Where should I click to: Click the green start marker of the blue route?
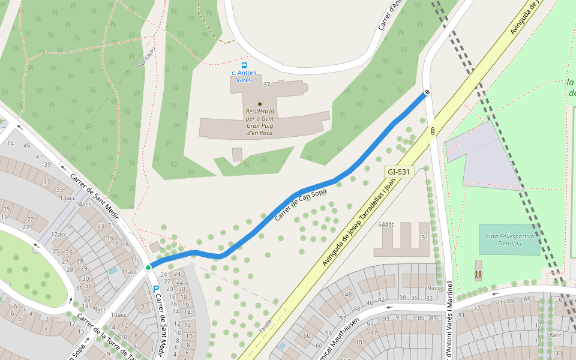coord(148,267)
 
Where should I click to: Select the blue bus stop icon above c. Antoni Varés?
coord(244,65)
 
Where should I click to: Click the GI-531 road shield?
coord(399,172)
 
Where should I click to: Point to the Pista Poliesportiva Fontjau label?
coord(509,239)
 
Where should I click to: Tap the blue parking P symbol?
coord(156,289)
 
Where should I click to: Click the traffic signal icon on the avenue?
coord(432,130)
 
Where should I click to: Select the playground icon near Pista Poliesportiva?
coord(478,275)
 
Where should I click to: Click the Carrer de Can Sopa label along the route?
coord(299,205)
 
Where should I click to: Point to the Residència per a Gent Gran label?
coord(260,122)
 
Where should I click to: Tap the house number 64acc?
coord(386,224)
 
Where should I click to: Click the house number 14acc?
coord(83,205)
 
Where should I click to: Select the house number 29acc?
coord(432,288)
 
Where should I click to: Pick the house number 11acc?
coord(129,272)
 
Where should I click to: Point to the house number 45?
coord(26,146)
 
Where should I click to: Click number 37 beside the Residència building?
coord(267,85)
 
